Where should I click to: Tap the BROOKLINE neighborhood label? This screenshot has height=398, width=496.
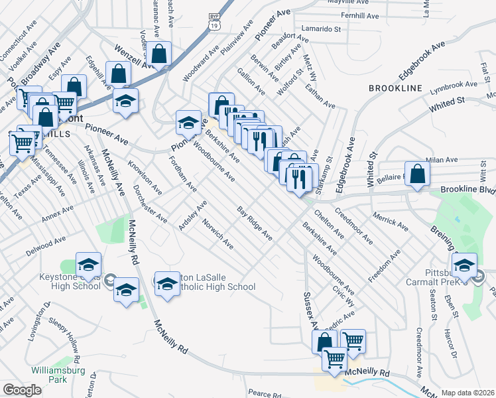pos(395,88)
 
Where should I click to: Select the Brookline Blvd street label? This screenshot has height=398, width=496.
pos(467,190)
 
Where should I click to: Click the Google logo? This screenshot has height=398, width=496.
pos(22,390)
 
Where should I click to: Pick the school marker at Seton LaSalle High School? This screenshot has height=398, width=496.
pos(167,284)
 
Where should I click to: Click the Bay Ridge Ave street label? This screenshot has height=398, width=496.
pos(255,223)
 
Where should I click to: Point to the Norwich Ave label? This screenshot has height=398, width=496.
pos(217,234)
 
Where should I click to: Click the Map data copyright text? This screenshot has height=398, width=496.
pos(467,392)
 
